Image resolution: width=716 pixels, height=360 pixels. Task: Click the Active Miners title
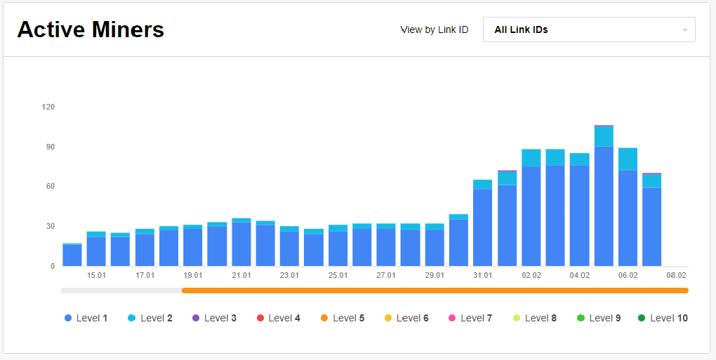[x=91, y=29]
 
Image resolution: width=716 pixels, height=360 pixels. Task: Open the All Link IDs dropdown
[x=588, y=29]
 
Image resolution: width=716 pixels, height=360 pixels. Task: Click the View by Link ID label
[x=434, y=30]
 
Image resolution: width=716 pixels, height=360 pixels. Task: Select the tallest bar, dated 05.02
[x=604, y=196]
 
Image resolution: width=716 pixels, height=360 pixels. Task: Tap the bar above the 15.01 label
[x=96, y=249]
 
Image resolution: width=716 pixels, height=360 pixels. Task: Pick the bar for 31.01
[x=482, y=225]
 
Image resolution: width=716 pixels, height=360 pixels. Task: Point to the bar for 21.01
[x=241, y=243]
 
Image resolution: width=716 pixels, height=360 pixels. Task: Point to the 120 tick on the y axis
[x=48, y=107]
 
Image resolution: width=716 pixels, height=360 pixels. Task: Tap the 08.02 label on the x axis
[x=676, y=275]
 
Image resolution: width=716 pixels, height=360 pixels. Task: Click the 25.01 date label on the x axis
[x=338, y=275]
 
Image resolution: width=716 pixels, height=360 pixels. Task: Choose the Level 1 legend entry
[x=86, y=318]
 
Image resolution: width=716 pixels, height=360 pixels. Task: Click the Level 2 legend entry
[x=150, y=318]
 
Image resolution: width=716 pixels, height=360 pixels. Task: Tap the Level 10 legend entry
[x=662, y=318]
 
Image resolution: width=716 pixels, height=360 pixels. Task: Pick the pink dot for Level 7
[x=452, y=318]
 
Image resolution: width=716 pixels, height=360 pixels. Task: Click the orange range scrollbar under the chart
[x=435, y=290]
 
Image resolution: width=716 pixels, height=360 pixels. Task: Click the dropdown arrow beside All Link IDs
[x=684, y=30]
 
